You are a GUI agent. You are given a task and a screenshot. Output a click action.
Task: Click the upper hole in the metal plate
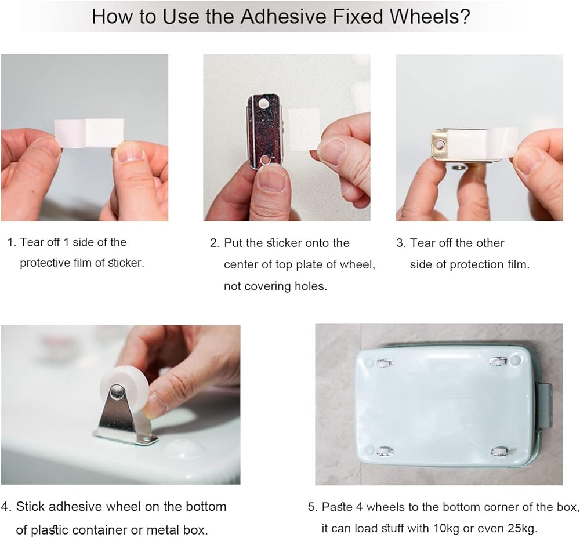click(x=264, y=104)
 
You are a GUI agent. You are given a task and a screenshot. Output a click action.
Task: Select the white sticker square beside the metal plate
click(x=304, y=129)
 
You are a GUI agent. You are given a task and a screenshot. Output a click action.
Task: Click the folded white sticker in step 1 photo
click(x=89, y=133)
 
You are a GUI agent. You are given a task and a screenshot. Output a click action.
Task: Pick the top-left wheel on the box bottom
click(x=385, y=362)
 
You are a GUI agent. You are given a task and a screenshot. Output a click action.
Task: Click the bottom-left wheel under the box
click(x=385, y=451)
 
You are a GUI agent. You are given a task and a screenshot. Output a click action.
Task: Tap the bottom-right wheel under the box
click(x=499, y=451)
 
